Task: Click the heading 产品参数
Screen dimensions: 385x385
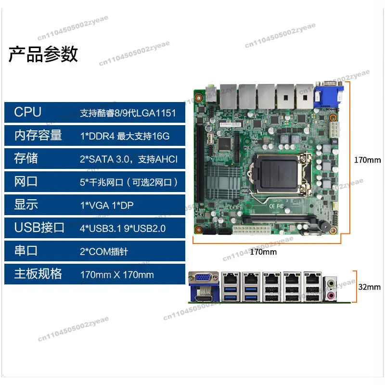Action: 43,54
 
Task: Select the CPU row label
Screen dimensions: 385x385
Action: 28,113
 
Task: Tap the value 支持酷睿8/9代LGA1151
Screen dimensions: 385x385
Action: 125,114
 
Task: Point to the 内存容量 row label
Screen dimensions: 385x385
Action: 38,136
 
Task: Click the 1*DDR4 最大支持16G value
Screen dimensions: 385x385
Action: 125,136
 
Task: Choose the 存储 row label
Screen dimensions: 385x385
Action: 26,159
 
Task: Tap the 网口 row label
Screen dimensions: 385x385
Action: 26,182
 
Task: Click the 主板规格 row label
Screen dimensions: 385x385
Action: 38,274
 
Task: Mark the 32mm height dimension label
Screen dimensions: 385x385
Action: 370,287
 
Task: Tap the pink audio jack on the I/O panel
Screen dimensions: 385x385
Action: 331,295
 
